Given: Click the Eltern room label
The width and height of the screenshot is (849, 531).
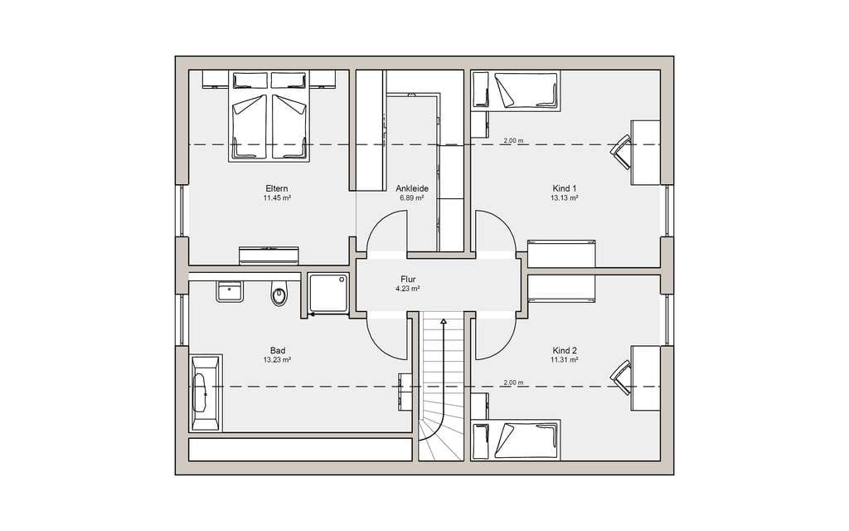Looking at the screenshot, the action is (x=276, y=188).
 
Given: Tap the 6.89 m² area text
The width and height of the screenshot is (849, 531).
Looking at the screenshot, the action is (x=411, y=198).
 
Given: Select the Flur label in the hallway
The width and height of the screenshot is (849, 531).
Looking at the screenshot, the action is (x=408, y=279).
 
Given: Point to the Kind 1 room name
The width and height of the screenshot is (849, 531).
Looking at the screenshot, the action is (x=564, y=188).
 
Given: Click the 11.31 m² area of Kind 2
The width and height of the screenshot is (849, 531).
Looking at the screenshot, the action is (x=564, y=359).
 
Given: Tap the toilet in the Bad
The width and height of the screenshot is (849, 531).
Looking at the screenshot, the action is (x=279, y=294).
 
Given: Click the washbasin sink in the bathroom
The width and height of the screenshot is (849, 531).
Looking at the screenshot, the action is (x=230, y=291).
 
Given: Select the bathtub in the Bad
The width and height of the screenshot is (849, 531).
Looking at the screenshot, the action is (x=205, y=392).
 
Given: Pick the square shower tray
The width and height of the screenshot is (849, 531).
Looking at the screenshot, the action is (x=328, y=293).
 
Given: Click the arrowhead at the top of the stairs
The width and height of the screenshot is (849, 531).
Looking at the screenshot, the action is (x=444, y=322).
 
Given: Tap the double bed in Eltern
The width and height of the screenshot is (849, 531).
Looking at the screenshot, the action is (x=269, y=116).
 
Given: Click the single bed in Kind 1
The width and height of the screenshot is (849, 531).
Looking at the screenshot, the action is (x=516, y=90).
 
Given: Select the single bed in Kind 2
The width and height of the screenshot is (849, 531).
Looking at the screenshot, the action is (x=516, y=440).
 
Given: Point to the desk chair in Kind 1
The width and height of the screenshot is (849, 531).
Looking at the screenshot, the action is (x=621, y=153).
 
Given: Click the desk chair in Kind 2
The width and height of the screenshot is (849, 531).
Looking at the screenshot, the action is (x=621, y=378).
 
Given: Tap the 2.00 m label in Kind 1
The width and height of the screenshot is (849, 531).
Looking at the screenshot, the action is (x=513, y=141).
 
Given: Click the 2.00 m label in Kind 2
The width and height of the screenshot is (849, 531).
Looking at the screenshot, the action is (x=513, y=382).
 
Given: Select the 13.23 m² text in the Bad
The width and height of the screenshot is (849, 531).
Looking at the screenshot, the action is (x=277, y=359).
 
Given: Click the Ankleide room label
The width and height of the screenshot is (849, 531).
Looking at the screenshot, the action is (x=412, y=188).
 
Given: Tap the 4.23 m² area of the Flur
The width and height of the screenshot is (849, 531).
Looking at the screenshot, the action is (x=408, y=289).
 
